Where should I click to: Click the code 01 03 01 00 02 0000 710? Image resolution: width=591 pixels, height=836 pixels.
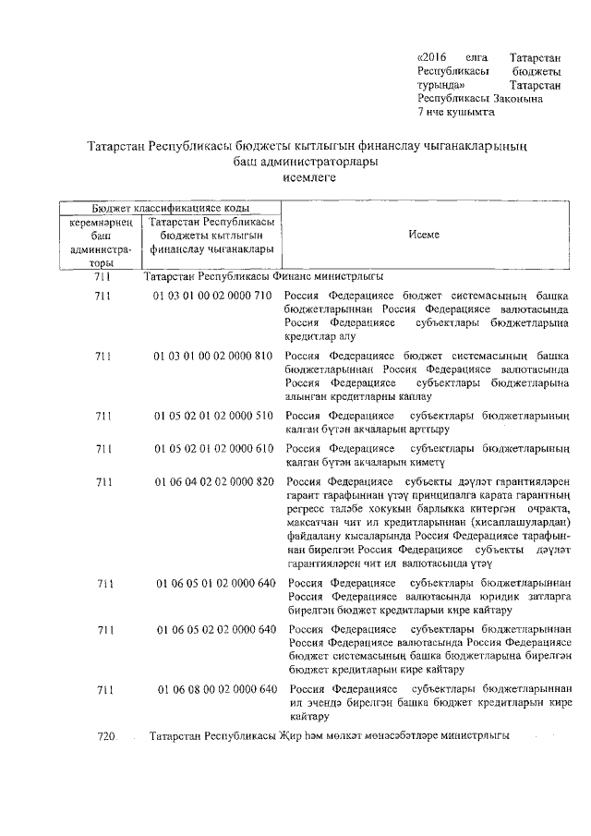212,296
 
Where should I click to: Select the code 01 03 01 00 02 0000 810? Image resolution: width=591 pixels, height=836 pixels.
212,356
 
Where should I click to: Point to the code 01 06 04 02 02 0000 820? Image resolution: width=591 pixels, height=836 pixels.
214,482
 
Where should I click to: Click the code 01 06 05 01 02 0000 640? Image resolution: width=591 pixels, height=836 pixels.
216,583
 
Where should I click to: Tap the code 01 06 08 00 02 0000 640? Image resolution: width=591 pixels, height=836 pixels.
216,689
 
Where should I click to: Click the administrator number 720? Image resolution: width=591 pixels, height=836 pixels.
106,736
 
